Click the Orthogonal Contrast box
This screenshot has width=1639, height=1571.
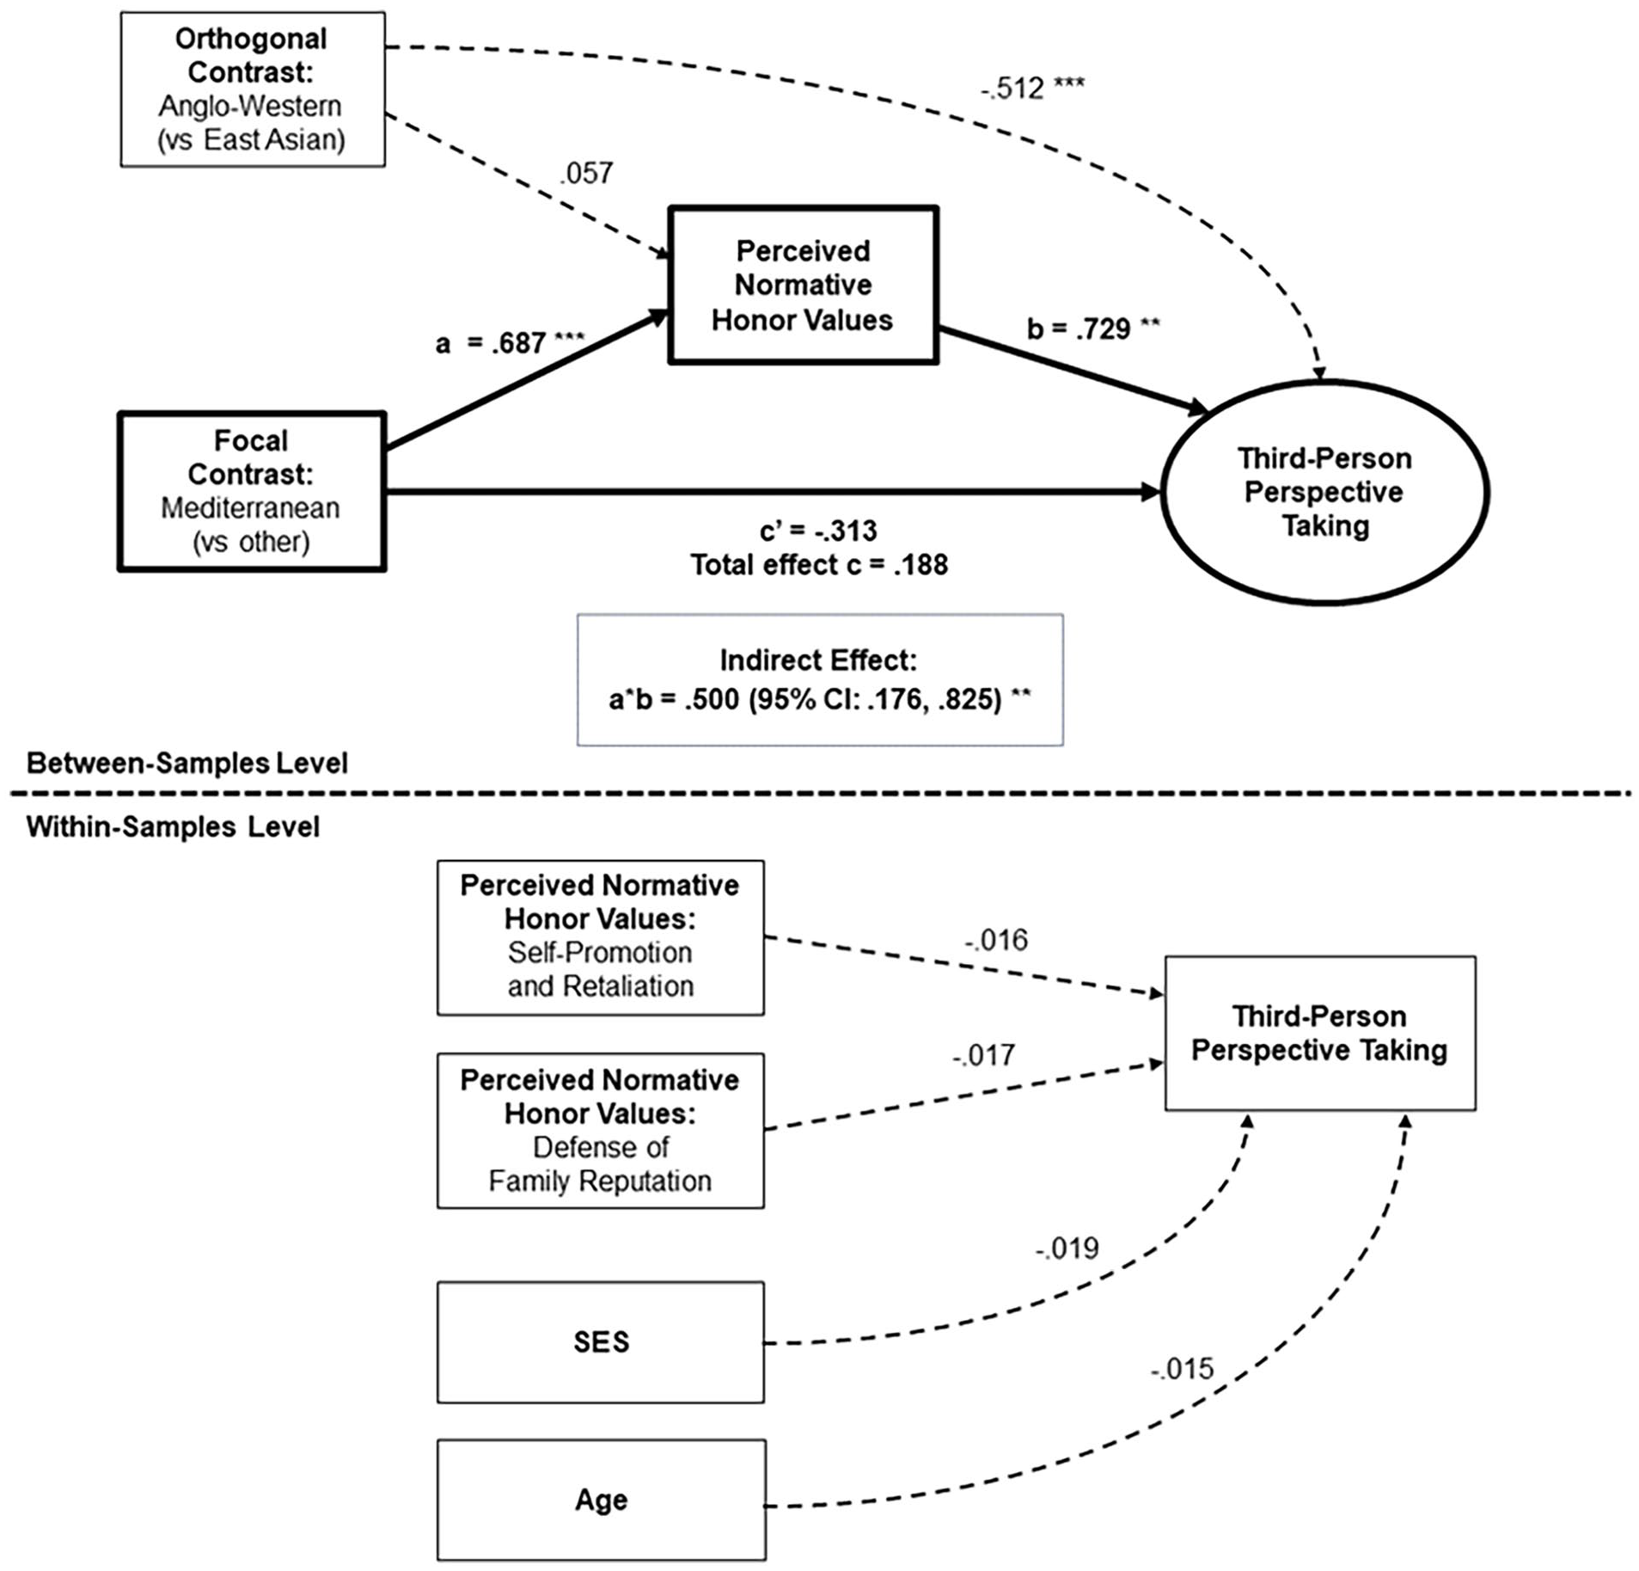click(x=253, y=89)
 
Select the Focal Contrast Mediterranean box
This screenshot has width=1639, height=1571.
click(x=252, y=491)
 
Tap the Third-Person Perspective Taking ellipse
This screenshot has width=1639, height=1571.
click(x=1324, y=492)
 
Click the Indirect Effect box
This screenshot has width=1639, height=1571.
click(x=820, y=679)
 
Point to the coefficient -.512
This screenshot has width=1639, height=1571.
click(x=1032, y=88)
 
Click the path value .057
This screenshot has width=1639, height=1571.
click(x=586, y=173)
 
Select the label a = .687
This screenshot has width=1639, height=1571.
click(x=510, y=343)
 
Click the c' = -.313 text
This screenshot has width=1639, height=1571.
click(x=818, y=531)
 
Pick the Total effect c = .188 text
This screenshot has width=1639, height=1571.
click(x=819, y=565)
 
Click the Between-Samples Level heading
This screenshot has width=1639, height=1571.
click(x=187, y=763)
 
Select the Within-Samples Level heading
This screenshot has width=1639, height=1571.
click(x=173, y=826)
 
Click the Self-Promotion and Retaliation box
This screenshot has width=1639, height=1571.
click(x=601, y=937)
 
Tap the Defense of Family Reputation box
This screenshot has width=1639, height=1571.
click(x=601, y=1131)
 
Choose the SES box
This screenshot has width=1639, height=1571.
click(x=601, y=1342)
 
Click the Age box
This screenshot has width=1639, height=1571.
click(x=601, y=1500)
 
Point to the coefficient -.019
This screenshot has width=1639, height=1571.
click(x=1067, y=1248)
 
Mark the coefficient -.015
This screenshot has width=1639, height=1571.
click(x=1182, y=1368)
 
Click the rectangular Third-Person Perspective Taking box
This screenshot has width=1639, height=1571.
click(x=1320, y=1033)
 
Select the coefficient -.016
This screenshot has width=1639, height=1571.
click(x=995, y=940)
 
